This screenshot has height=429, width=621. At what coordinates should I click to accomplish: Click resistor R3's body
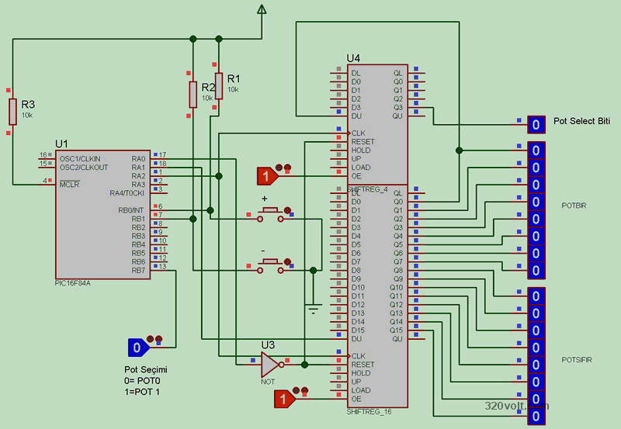coord(12,112)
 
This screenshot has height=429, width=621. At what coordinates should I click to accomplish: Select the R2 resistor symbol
coord(193,95)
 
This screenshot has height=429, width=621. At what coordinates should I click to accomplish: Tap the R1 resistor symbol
coord(219,85)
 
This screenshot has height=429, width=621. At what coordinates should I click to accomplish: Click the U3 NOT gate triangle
coord(269,362)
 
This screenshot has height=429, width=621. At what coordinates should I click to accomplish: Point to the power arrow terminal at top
coord(262,9)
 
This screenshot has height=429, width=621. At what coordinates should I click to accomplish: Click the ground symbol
coord(314,308)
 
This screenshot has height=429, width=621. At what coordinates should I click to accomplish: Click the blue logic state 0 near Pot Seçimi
coord(137,348)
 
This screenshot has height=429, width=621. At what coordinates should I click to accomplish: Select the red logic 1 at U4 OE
coord(266,177)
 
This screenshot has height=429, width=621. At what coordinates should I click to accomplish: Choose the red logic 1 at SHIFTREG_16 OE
coord(285,399)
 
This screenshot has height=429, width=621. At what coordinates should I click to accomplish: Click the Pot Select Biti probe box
coord(536,124)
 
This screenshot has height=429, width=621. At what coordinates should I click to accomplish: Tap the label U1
coord(62,144)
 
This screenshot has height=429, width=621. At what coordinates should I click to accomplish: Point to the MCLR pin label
coord(70,184)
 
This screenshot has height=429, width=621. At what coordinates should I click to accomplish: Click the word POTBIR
coord(574,204)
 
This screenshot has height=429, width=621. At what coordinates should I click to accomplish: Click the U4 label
coord(353,59)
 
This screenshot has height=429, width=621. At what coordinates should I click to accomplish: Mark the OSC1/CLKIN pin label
coord(79,158)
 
